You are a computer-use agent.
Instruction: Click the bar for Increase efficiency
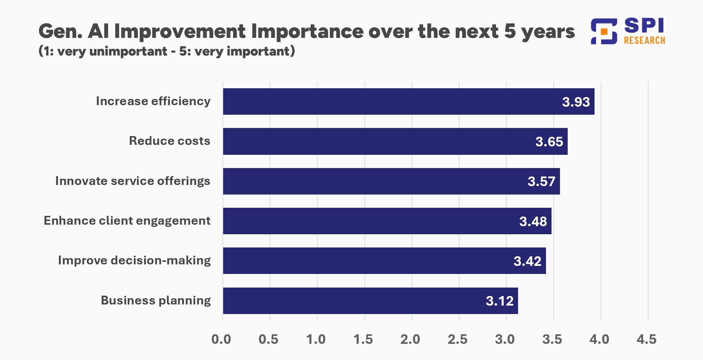(408, 101)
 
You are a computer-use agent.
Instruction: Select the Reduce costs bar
(395, 141)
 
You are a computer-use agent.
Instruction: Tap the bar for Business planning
(370, 300)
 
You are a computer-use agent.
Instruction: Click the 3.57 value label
(541, 181)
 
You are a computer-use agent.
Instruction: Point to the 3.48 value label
(533, 221)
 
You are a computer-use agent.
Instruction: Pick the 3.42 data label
(527, 261)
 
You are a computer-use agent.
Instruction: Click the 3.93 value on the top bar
(576, 102)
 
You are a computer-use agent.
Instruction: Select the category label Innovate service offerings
(133, 181)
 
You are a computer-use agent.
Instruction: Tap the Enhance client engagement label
(127, 221)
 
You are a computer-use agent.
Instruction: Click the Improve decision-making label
(134, 260)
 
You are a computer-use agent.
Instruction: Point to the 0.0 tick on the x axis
(221, 339)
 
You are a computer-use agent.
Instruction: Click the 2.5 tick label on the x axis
(457, 339)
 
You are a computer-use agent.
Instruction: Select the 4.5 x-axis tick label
(646, 339)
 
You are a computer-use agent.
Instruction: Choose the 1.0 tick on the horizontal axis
(316, 339)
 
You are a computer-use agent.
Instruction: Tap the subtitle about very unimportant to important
(167, 51)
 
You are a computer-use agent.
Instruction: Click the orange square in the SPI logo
(604, 32)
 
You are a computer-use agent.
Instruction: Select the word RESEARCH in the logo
(645, 40)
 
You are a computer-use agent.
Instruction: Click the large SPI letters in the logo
(644, 26)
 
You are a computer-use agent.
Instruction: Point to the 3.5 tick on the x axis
(552, 339)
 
